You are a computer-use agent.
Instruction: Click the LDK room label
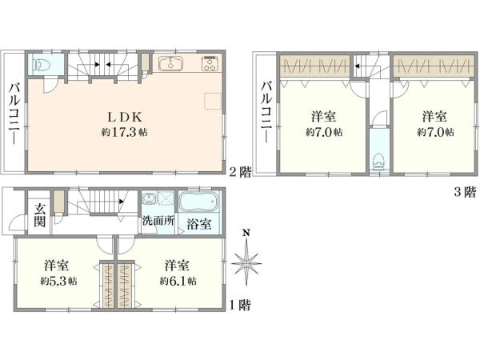(x=125, y=118)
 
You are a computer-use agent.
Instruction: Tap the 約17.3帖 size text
(x=125, y=132)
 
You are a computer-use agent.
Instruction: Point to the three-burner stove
(x=210, y=63)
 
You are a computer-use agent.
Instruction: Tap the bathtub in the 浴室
(x=198, y=202)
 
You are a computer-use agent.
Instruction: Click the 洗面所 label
(x=158, y=221)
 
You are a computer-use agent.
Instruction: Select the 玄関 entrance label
(x=40, y=216)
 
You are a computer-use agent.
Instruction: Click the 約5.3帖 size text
(x=58, y=281)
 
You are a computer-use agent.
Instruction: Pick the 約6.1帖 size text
(x=178, y=281)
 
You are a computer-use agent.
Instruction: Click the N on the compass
(x=246, y=233)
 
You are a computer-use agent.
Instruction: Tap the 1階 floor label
(x=240, y=305)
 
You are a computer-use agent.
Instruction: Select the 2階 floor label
(x=240, y=172)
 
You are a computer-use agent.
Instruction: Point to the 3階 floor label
(x=466, y=192)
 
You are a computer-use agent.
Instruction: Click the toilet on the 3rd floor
(x=379, y=161)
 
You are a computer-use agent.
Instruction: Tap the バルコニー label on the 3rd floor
(x=267, y=112)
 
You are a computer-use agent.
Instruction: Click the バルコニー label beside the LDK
(x=14, y=114)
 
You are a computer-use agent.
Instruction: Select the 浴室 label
(x=199, y=224)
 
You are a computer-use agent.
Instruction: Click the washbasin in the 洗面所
(x=150, y=198)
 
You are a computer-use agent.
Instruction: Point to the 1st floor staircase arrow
(x=122, y=202)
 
